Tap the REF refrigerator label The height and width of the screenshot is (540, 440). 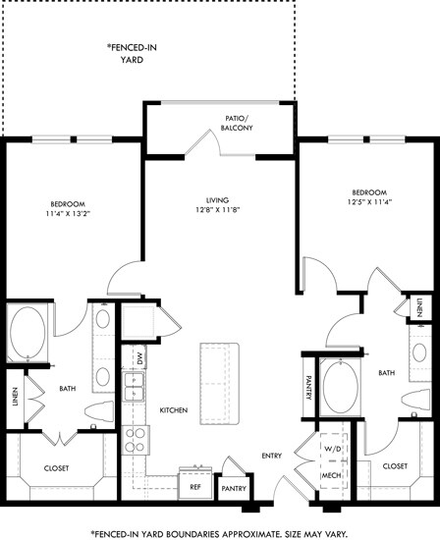(195, 487)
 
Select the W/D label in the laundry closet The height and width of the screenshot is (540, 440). (333, 449)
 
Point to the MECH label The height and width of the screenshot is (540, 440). (331, 475)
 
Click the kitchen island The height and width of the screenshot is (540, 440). (219, 384)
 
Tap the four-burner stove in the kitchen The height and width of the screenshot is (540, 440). (136, 440)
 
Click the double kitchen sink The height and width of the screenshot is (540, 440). (134, 387)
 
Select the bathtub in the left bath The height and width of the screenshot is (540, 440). (27, 333)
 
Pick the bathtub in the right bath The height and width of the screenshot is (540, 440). (341, 388)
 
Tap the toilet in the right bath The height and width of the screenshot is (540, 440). (416, 400)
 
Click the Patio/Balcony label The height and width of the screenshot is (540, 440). (237, 123)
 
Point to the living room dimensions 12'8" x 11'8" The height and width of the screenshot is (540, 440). (217, 210)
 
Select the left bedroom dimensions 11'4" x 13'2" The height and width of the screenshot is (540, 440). (68, 213)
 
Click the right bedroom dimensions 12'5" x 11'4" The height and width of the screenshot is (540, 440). (369, 202)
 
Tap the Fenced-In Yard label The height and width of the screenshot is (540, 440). (132, 53)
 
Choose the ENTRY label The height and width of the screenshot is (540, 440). (271, 456)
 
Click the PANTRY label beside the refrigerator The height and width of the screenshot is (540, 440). (234, 488)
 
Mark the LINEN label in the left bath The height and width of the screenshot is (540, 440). (15, 397)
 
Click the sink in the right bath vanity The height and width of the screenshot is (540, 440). (419, 352)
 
